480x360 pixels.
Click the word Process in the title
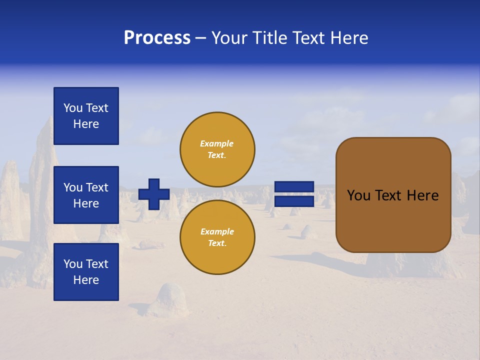(157, 38)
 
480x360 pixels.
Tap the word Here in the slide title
(348, 38)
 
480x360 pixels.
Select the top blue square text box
(86, 116)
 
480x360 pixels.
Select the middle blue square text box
(86, 195)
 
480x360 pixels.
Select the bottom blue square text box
(86, 272)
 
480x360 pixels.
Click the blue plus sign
(154, 194)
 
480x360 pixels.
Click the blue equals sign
(294, 194)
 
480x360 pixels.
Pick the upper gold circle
(217, 149)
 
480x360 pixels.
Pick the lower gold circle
(217, 237)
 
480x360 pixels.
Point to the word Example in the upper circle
(216, 143)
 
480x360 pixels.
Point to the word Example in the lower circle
(217, 231)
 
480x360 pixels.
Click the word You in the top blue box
(73, 108)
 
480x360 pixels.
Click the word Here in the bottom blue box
(86, 280)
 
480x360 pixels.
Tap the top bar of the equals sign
(294, 186)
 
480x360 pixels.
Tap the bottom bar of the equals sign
(294, 201)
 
